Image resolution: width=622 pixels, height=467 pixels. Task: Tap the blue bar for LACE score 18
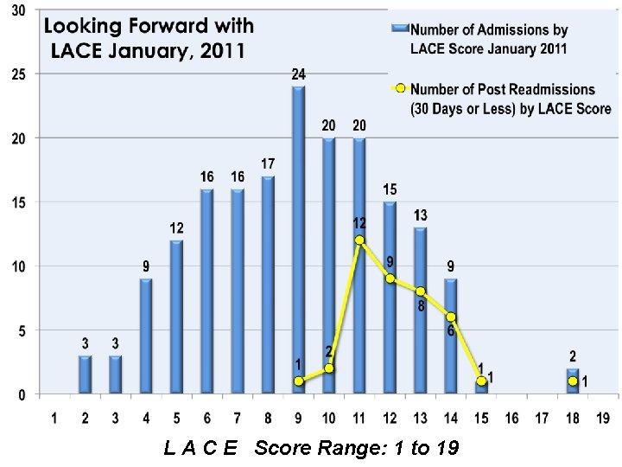tap(572, 381)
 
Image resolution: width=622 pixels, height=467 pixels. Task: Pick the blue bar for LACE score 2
tap(85, 374)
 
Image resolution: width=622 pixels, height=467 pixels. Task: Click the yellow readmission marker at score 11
tap(359, 240)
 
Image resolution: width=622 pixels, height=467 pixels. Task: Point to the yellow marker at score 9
tap(298, 381)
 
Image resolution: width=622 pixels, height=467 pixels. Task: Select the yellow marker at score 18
tap(573, 381)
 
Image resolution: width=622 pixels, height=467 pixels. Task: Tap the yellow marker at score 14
tap(451, 317)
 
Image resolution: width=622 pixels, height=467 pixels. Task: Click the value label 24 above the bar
tap(298, 75)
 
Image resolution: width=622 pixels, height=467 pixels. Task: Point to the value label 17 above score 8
tap(268, 163)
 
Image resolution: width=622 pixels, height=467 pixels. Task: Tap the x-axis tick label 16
tap(511, 419)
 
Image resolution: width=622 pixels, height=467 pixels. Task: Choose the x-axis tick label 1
tap(54, 419)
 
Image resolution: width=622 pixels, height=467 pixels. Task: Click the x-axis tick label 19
tap(603, 419)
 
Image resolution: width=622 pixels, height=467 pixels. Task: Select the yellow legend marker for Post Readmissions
tap(399, 89)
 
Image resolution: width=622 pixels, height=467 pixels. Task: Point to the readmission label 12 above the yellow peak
tap(358, 222)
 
